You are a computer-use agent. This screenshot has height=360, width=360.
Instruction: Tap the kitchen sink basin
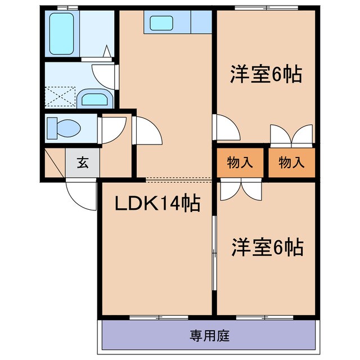pyautogui.click(x=161, y=23)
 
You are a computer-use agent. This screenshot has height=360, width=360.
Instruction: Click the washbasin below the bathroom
pyautogui.click(x=94, y=99)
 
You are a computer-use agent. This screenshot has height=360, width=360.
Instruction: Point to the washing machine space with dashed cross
pyautogui.click(x=60, y=96)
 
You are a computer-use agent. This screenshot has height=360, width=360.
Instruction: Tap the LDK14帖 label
pyautogui.click(x=157, y=204)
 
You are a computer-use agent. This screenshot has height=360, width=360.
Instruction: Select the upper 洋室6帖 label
pyautogui.click(x=265, y=75)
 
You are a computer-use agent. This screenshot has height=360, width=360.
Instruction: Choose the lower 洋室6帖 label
pyautogui.click(x=267, y=247)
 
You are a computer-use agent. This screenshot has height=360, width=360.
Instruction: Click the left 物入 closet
pyautogui.click(x=240, y=163)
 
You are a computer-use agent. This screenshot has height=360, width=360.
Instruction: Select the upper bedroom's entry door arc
pyautogui.click(x=227, y=128)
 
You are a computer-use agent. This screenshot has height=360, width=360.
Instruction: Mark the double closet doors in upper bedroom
pyautogui.click(x=291, y=135)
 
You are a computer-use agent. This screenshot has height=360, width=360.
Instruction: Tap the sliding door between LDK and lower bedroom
pyautogui.click(x=214, y=247)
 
